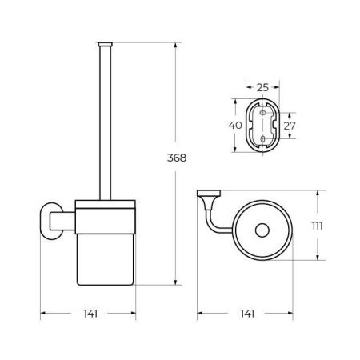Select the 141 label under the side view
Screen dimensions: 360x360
90,313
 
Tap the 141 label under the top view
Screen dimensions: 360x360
247,313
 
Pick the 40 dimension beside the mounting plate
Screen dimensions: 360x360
234,125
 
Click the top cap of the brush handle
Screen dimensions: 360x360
104,41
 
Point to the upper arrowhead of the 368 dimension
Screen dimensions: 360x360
174,45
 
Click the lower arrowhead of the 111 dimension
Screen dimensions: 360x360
318,261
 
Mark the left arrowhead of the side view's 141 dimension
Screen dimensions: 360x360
43,313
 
